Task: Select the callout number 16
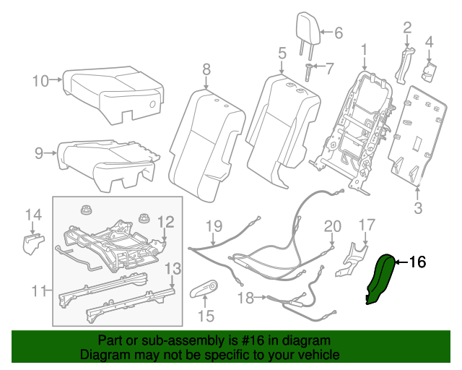(418, 262)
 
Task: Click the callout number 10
(40, 80)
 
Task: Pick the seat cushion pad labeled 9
(108, 158)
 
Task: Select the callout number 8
(206, 69)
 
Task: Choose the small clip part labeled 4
(429, 69)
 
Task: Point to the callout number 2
(407, 28)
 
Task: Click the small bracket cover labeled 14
(31, 243)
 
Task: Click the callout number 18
(245, 298)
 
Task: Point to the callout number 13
(172, 270)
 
